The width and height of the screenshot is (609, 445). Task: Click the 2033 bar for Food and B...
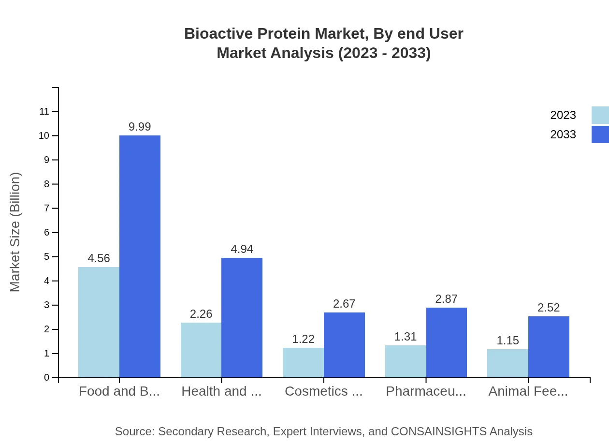pyautogui.click(x=140, y=256)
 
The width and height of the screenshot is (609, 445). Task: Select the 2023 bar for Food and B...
pyautogui.click(x=99, y=322)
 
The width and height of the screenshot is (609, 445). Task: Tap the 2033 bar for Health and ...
pyautogui.click(x=242, y=317)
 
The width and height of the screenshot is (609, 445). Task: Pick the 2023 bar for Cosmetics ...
pyautogui.click(x=303, y=362)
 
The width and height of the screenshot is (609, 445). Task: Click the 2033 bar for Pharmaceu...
pyautogui.click(x=447, y=342)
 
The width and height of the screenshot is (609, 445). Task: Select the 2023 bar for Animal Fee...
pyautogui.click(x=507, y=363)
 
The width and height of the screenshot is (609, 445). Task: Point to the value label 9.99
pyautogui.click(x=140, y=127)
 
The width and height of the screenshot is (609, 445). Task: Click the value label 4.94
pyautogui.click(x=242, y=249)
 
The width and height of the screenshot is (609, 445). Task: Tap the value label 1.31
pyautogui.click(x=406, y=337)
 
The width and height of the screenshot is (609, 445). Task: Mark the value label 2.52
pyautogui.click(x=549, y=308)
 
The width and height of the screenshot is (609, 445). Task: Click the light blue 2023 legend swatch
pyautogui.click(x=600, y=115)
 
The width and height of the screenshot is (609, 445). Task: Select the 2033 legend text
pyautogui.click(x=563, y=134)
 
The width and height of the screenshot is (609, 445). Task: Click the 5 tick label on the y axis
pyautogui.click(x=47, y=257)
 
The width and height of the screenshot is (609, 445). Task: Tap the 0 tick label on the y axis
pyautogui.click(x=47, y=378)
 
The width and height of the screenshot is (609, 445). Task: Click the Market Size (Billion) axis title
pyautogui.click(x=15, y=232)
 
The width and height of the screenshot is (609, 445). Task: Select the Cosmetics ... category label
pyautogui.click(x=323, y=391)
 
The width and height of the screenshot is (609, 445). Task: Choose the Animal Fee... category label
pyautogui.click(x=528, y=391)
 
